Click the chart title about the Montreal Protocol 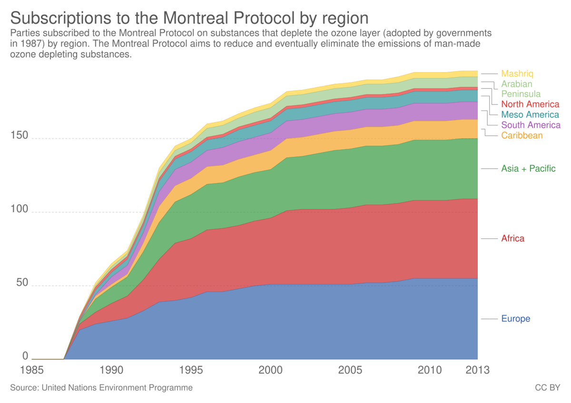click(189, 18)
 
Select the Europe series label click(515, 319)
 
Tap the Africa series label click(512, 238)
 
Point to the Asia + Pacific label click(528, 169)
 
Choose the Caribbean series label click(522, 136)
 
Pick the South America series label click(530, 125)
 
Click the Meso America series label click(530, 115)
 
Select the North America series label click(530, 104)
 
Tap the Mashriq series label click(517, 74)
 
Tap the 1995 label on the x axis click(191, 370)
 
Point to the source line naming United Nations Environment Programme click(101, 388)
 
